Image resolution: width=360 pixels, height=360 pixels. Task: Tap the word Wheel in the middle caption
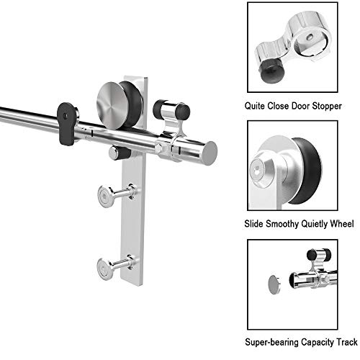pos(342,224)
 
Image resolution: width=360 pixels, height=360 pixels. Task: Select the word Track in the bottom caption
pos(347,342)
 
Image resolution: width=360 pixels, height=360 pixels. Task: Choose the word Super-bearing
pos(271,342)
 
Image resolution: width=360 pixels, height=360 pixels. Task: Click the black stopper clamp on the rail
pos(66,124)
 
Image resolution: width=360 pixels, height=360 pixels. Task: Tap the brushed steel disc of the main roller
pos(112,106)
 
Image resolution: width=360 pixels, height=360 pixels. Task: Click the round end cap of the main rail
pos(210,153)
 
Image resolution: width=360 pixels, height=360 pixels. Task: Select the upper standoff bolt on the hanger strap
pos(117,195)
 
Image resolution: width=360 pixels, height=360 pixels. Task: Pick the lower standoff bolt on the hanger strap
pos(117,266)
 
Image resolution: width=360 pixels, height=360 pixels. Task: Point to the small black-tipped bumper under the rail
pos(120,153)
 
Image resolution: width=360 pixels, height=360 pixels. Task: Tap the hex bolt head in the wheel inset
pos(257,170)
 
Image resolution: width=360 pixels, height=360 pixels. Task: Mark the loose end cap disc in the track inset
pos(274,284)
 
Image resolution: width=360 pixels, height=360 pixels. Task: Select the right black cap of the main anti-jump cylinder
pos(183,112)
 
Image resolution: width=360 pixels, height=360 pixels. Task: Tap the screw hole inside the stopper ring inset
pos(310,37)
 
